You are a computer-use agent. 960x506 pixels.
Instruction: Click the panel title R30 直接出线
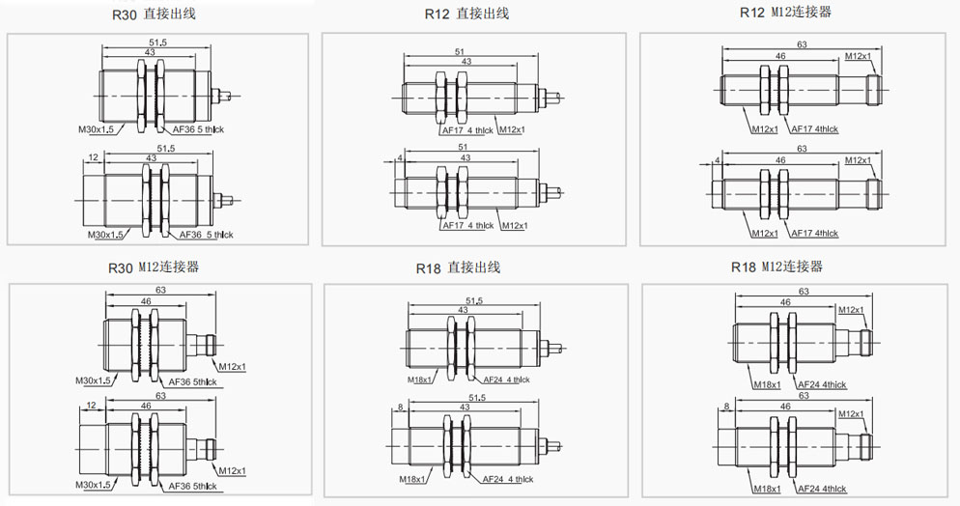pos(154,14)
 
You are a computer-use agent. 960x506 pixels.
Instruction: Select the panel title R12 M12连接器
pos(785,13)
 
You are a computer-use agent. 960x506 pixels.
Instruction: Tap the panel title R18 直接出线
pos(458,268)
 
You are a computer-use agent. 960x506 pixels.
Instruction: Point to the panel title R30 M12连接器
pos(154,267)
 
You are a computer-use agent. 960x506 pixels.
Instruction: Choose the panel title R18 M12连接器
pos(776,267)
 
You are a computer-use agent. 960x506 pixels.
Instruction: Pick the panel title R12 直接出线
pos(466,14)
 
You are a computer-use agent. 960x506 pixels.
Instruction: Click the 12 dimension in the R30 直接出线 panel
pos(93,157)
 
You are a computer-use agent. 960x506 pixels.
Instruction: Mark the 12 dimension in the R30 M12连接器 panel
pos(91,405)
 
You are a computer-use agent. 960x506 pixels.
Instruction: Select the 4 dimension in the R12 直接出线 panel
pos(400,157)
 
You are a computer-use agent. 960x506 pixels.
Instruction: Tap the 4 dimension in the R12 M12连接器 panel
pos(717,160)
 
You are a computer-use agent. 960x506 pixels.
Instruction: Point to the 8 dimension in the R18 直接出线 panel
pos(400,407)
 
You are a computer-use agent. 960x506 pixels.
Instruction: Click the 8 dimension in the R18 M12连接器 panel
pos(726,407)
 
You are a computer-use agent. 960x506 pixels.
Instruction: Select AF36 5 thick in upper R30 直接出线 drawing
pos(198,129)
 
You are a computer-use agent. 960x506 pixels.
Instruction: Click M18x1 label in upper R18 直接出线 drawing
pos(419,379)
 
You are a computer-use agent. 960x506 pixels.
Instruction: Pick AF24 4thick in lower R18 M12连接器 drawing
pos(822,489)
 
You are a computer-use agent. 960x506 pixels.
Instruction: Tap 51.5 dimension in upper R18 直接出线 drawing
pos(474,300)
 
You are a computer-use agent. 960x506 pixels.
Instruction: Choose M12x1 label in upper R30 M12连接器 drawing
pos(232,367)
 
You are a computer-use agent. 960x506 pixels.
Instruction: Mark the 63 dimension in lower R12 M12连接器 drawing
pos(802,149)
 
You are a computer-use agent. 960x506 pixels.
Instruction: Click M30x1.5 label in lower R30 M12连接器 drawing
pos(94,485)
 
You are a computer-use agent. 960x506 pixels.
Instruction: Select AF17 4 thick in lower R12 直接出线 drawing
pos(467,226)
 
